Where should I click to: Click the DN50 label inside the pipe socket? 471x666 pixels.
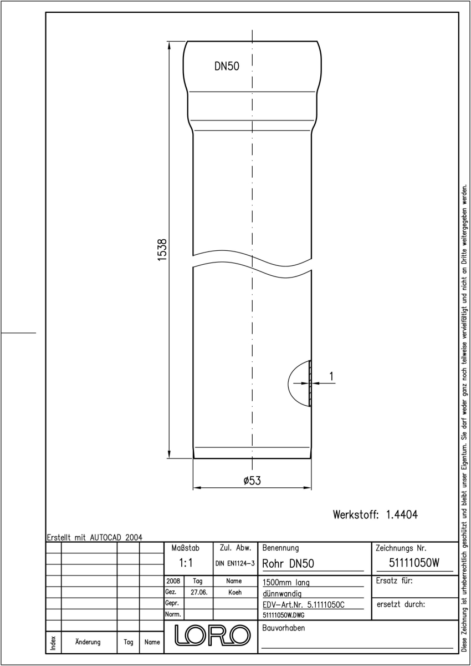[x=227, y=66]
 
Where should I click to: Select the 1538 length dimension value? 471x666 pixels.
[x=162, y=250]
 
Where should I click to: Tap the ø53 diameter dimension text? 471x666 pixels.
[x=252, y=481]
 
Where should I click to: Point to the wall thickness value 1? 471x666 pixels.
[x=331, y=376]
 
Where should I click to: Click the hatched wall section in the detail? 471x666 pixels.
[x=310, y=384]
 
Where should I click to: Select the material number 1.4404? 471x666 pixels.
[x=402, y=514]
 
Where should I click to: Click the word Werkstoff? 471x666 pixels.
[x=356, y=514]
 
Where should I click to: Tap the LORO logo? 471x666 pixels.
[x=212, y=635]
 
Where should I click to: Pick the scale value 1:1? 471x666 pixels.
[x=186, y=563]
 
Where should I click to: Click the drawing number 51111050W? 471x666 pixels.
[x=414, y=563]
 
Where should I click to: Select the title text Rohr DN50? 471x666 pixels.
[x=288, y=563]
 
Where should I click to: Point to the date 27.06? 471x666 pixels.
[x=199, y=592]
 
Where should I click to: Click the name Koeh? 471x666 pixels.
[x=235, y=592]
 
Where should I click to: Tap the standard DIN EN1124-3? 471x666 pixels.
[x=235, y=563]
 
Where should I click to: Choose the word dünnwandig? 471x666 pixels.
[x=282, y=594]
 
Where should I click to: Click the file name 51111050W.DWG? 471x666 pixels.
[x=283, y=615]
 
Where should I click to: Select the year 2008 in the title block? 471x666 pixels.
[x=173, y=581]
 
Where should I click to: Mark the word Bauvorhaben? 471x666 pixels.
[x=283, y=628]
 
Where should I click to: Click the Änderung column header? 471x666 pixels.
[x=88, y=642]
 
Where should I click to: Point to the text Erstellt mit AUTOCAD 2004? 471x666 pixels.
[x=95, y=537]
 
